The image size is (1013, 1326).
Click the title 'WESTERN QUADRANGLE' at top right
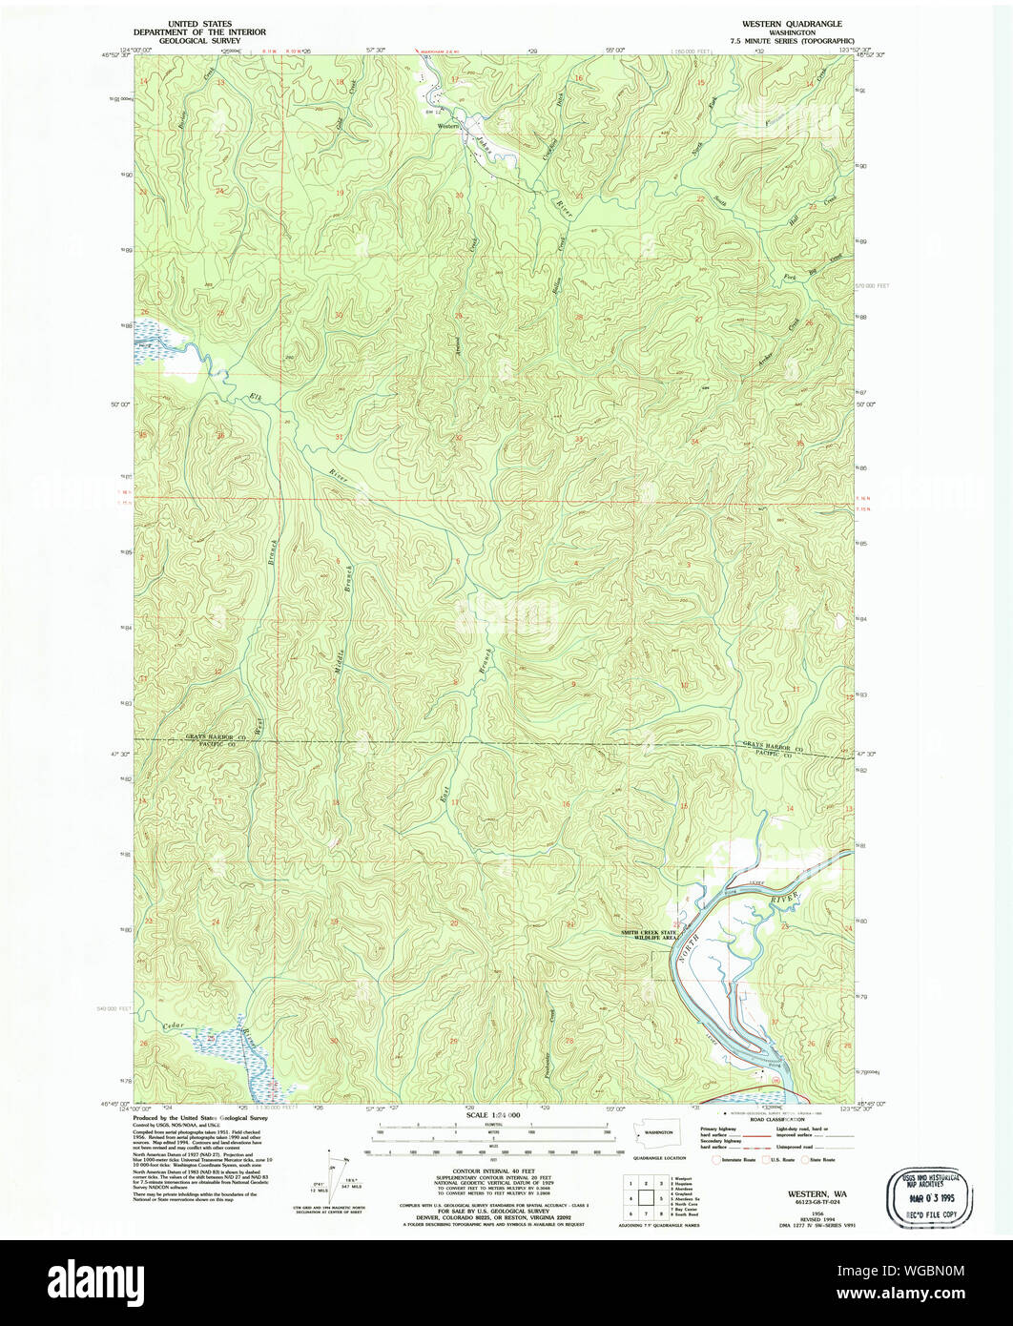point(785,23)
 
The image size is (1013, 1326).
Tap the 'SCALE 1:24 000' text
point(492,1115)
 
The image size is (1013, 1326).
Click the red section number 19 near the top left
point(341,193)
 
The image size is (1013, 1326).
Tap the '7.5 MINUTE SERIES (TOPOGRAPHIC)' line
point(785,42)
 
